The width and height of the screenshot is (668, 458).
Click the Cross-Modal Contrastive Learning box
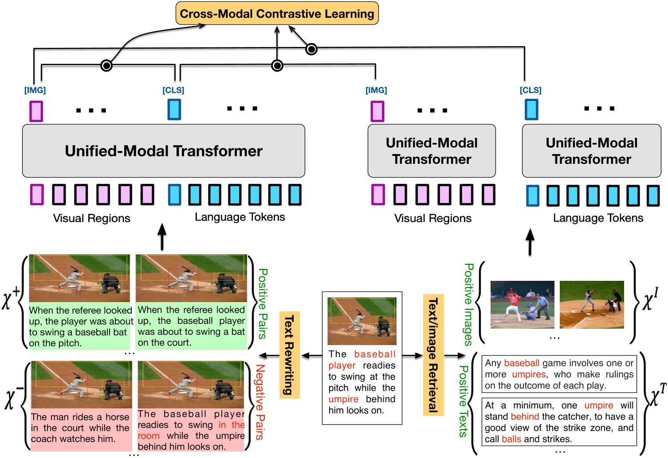click(x=277, y=13)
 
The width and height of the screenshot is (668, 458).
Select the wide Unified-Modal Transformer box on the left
click(x=163, y=151)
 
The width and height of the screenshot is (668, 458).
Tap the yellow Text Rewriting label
click(x=290, y=355)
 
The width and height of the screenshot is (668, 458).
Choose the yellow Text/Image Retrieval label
click(x=433, y=355)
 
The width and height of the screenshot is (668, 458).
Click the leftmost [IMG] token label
click(x=35, y=90)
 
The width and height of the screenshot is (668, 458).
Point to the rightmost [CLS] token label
click(x=530, y=90)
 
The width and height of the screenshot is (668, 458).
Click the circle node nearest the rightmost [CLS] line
click(x=311, y=49)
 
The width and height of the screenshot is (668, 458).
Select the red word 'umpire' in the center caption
click(x=343, y=399)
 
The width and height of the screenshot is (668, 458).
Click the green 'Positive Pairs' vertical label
click(x=263, y=303)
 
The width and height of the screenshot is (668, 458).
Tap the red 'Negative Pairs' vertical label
click(x=260, y=402)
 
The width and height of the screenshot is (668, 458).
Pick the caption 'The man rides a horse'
click(x=80, y=417)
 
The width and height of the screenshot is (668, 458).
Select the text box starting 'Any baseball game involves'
click(x=559, y=374)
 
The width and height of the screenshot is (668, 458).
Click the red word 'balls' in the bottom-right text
click(x=511, y=439)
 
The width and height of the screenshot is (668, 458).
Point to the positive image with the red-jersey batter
click(x=522, y=304)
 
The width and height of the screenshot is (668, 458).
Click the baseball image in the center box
click(x=362, y=321)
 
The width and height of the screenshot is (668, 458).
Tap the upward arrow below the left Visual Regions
click(x=162, y=237)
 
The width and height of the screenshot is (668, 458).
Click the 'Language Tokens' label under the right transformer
click(x=597, y=218)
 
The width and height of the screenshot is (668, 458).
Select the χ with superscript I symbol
click(x=650, y=300)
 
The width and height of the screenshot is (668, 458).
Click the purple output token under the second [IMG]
click(x=377, y=111)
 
